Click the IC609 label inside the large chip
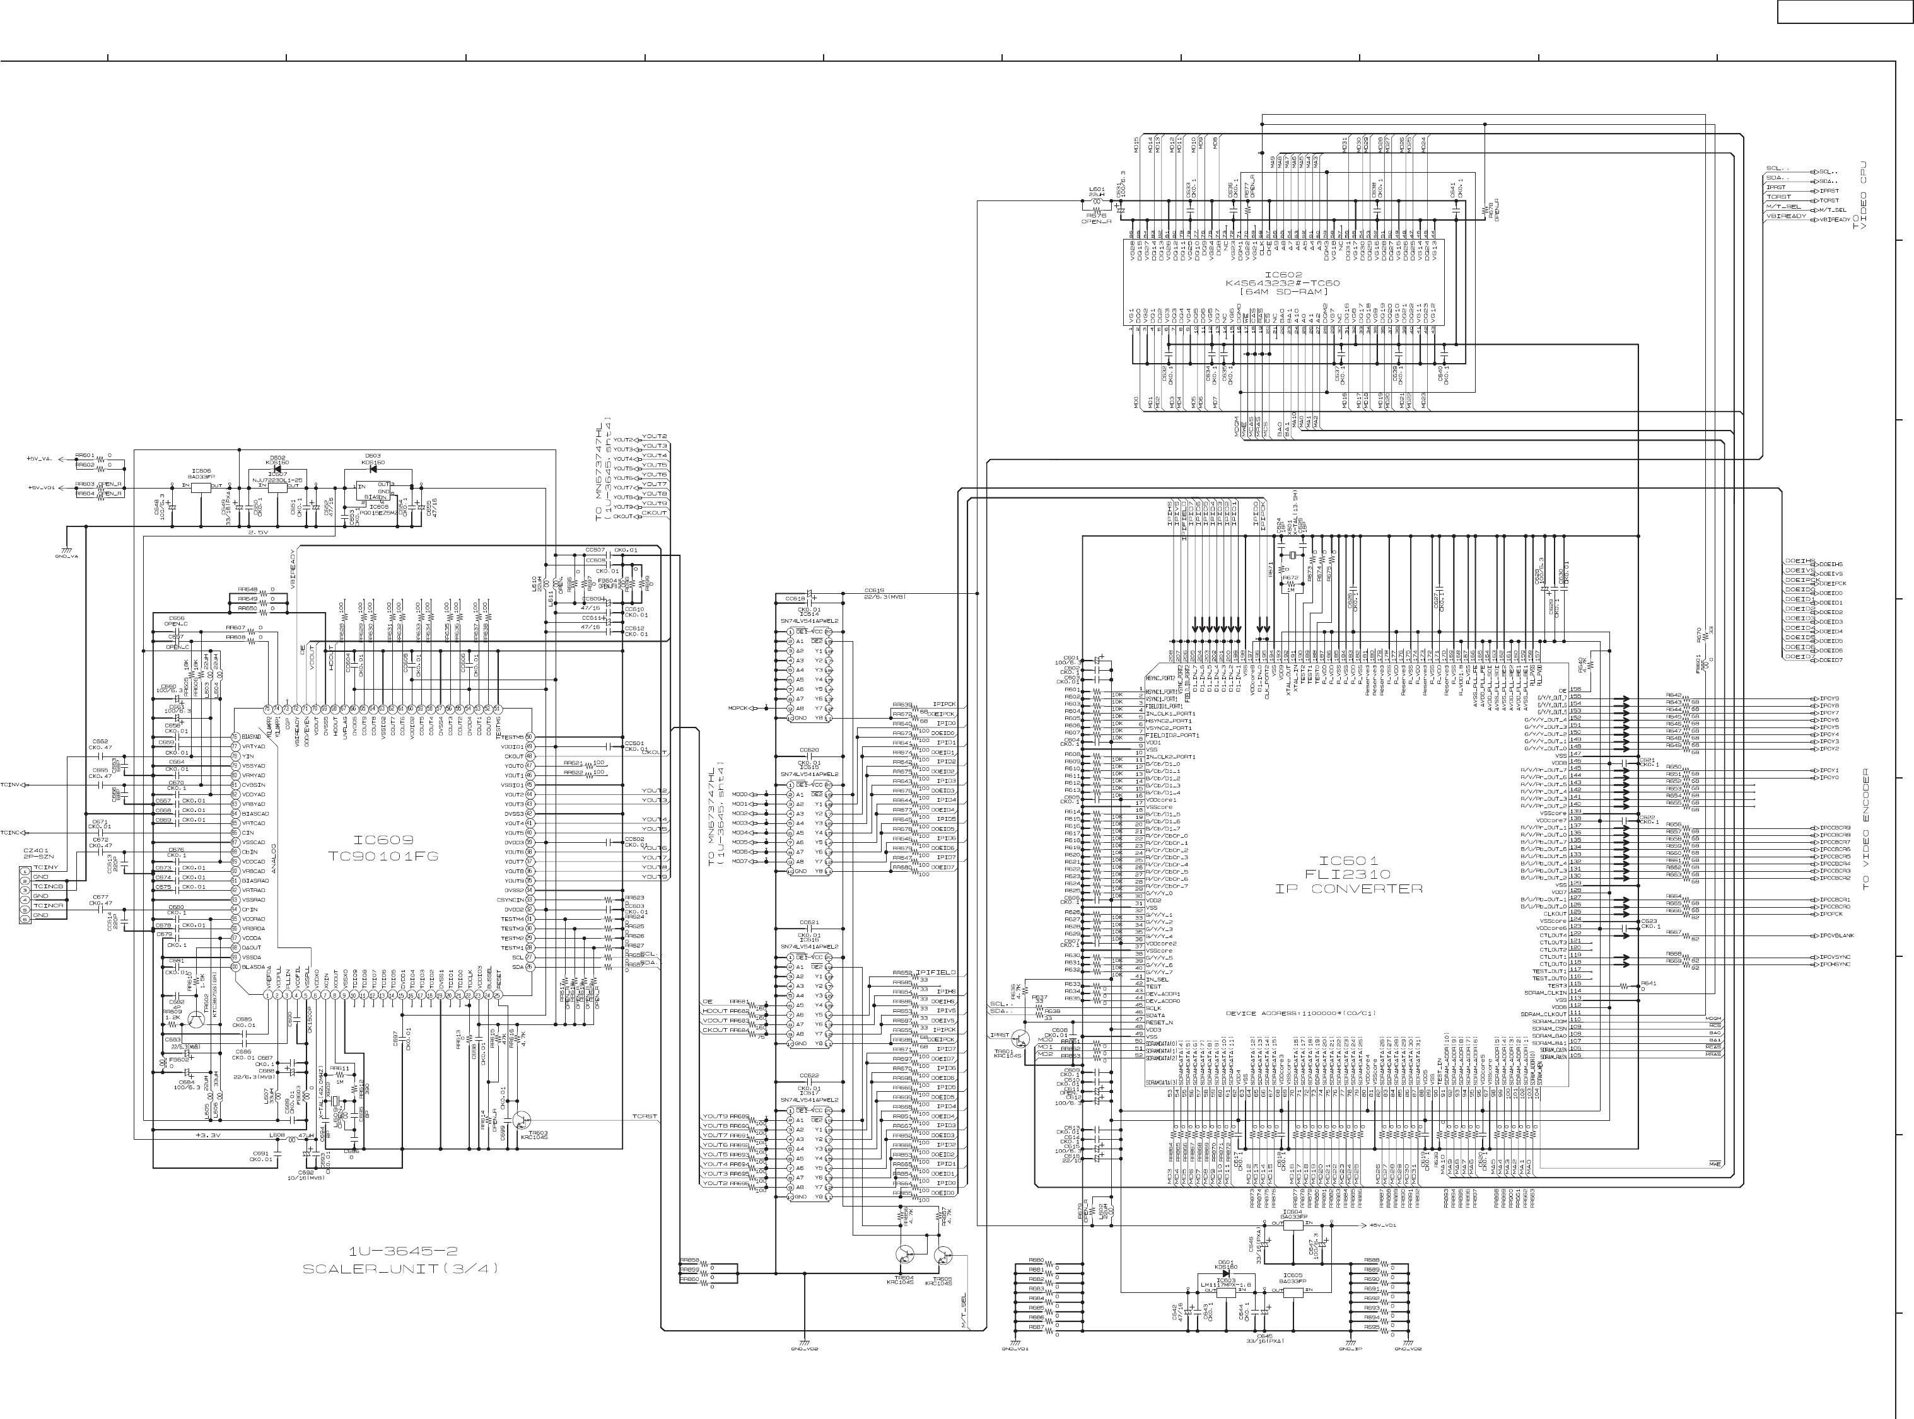coord(383,840)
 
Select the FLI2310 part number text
coord(1349,874)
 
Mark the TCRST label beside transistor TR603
coord(645,1116)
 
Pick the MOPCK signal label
coord(738,709)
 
